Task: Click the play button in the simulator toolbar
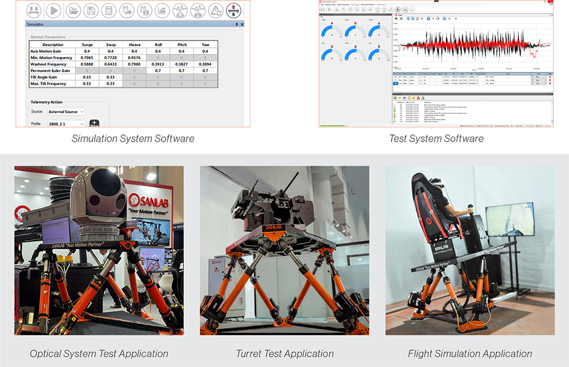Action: point(53,10)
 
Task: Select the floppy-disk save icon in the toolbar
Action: point(90,10)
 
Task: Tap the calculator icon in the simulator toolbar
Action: point(108,10)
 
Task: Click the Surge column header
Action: point(87,44)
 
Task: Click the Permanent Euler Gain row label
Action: point(50,71)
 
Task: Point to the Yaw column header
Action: point(205,44)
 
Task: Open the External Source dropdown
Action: point(66,112)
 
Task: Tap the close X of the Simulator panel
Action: point(242,24)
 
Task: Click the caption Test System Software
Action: point(436,138)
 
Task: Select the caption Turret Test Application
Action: point(284,353)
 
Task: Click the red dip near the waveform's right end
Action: point(532,54)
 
